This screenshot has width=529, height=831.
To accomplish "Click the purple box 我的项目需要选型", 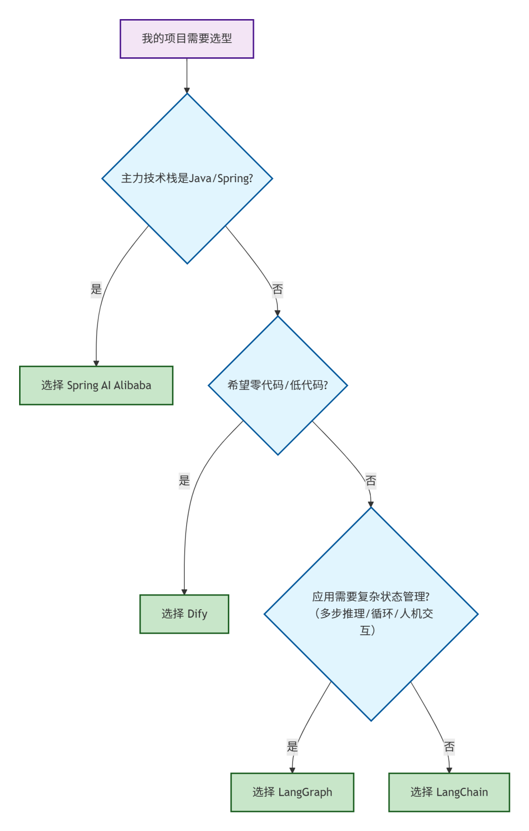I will point(187,39).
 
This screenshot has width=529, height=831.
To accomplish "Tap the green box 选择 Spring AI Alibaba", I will point(96,385).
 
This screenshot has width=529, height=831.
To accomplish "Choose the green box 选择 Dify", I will point(184,614).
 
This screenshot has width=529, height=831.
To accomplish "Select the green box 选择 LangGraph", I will point(292,792).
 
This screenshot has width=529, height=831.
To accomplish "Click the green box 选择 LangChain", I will point(449,792).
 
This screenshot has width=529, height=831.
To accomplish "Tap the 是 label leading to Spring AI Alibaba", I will point(96,289).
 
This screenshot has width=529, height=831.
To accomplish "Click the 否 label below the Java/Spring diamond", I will point(278,289).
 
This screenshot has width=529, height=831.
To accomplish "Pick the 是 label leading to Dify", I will point(184,480).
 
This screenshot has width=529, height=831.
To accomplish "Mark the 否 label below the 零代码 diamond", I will point(371,481).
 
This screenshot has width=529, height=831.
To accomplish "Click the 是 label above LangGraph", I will point(292,747).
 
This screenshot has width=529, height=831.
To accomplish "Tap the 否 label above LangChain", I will point(449,747).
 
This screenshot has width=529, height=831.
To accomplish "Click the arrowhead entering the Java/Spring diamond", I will point(187,91).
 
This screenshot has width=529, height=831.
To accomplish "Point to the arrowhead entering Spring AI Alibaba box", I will point(96,363).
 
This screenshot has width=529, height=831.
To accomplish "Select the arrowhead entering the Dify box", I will point(184,592).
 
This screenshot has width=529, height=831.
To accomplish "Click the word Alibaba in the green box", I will point(132,385).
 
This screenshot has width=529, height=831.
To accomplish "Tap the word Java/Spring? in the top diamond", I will point(221,178).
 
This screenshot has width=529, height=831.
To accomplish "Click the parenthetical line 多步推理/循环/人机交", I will point(373,614).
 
